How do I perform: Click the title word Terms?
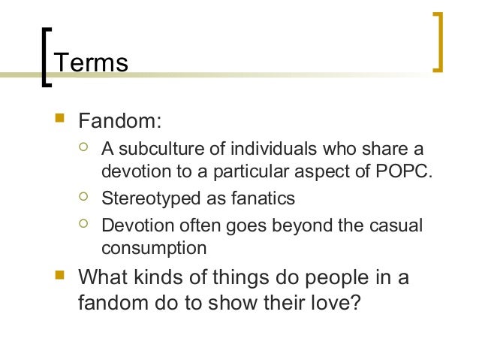pyautogui.click(x=92, y=62)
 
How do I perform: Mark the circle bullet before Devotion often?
pyautogui.click(x=84, y=222)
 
